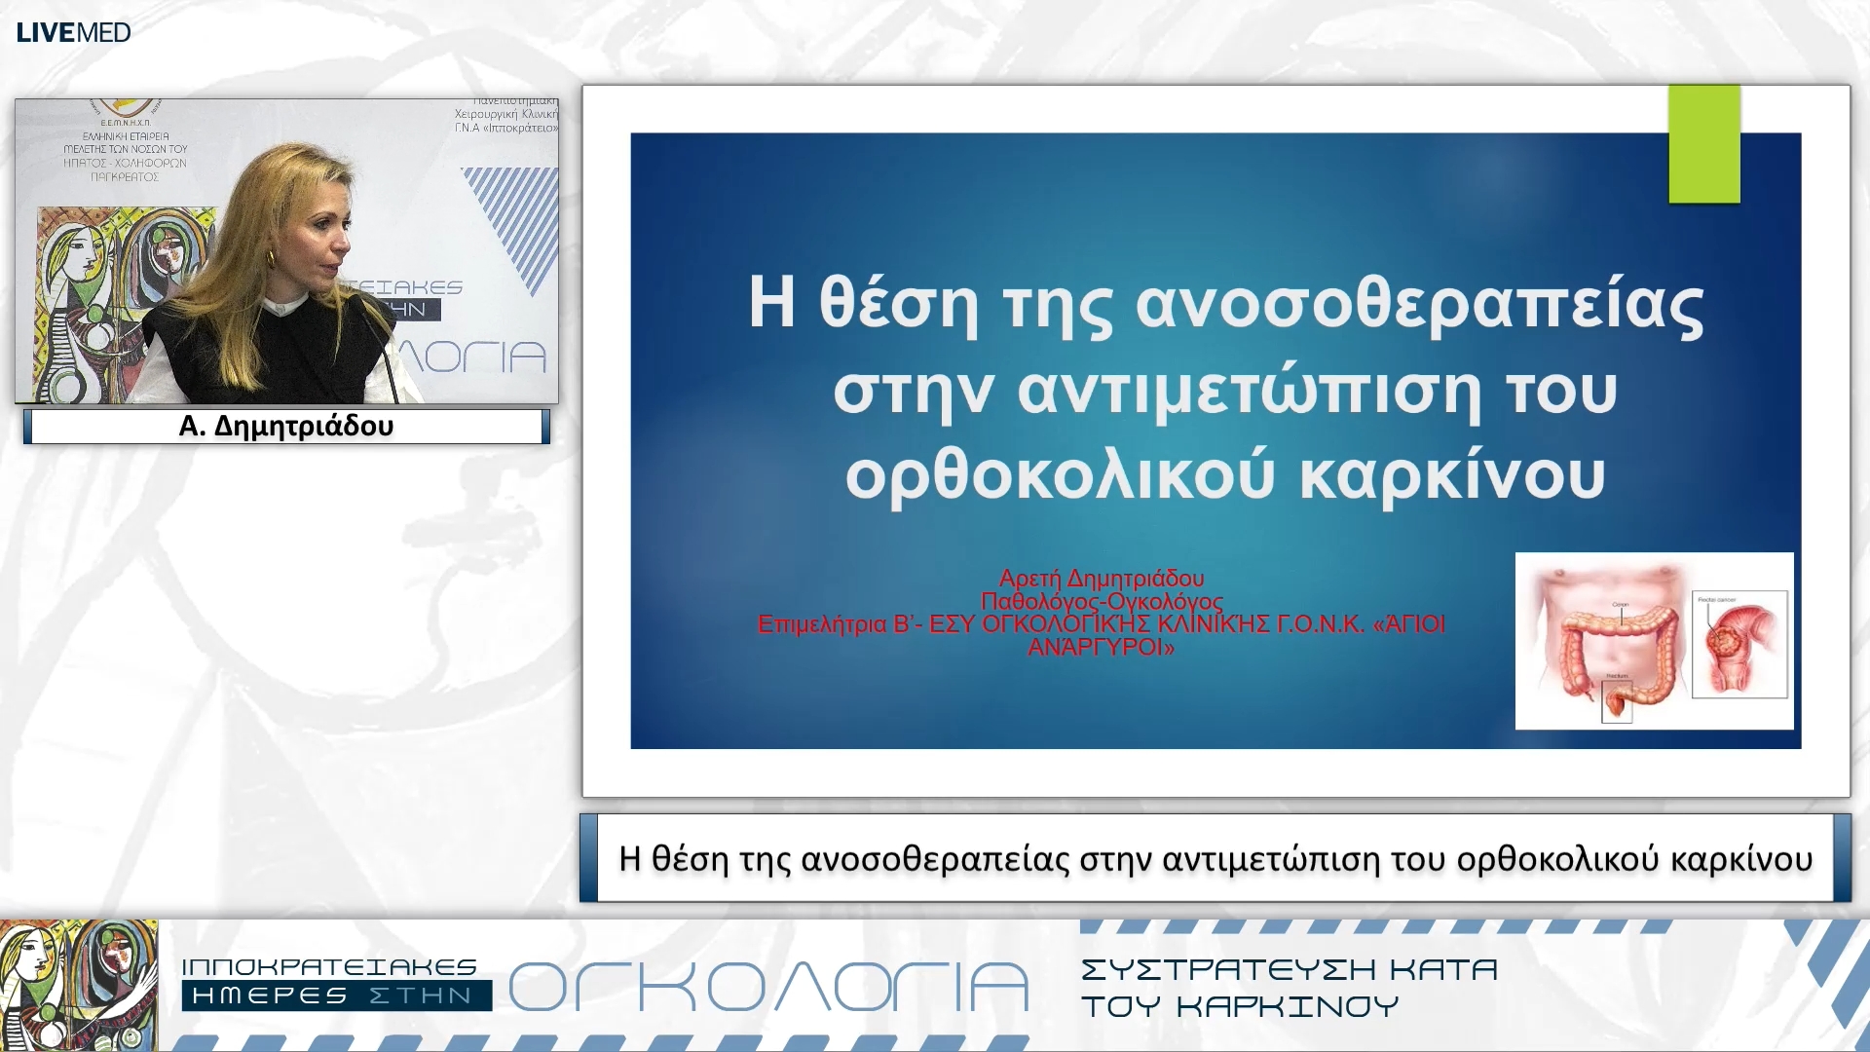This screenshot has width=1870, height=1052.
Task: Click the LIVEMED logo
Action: tap(73, 32)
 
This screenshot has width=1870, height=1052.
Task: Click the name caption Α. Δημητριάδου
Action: tap(286, 427)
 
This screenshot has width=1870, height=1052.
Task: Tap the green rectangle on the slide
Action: tap(1703, 143)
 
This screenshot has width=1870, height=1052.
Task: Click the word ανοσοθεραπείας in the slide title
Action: tap(1419, 304)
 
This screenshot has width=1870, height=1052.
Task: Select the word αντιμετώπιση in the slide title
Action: tap(1250, 392)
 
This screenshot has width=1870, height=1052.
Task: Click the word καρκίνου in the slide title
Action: tap(1452, 476)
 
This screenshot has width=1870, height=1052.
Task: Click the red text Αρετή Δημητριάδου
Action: tap(1102, 579)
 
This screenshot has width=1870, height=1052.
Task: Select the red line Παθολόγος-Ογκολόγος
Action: tap(1102, 601)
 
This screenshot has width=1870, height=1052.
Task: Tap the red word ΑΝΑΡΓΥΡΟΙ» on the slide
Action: tap(1102, 648)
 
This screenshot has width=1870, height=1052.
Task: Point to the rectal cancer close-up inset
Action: tap(1739, 644)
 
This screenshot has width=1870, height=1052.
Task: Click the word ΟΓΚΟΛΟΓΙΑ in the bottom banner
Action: tap(768, 987)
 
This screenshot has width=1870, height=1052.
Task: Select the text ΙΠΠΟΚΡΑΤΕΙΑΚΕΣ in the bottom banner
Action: tap(329, 967)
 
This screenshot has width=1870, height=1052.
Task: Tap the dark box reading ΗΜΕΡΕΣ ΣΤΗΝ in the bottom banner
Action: tap(336, 996)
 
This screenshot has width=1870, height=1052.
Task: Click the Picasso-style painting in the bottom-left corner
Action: tap(78, 984)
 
